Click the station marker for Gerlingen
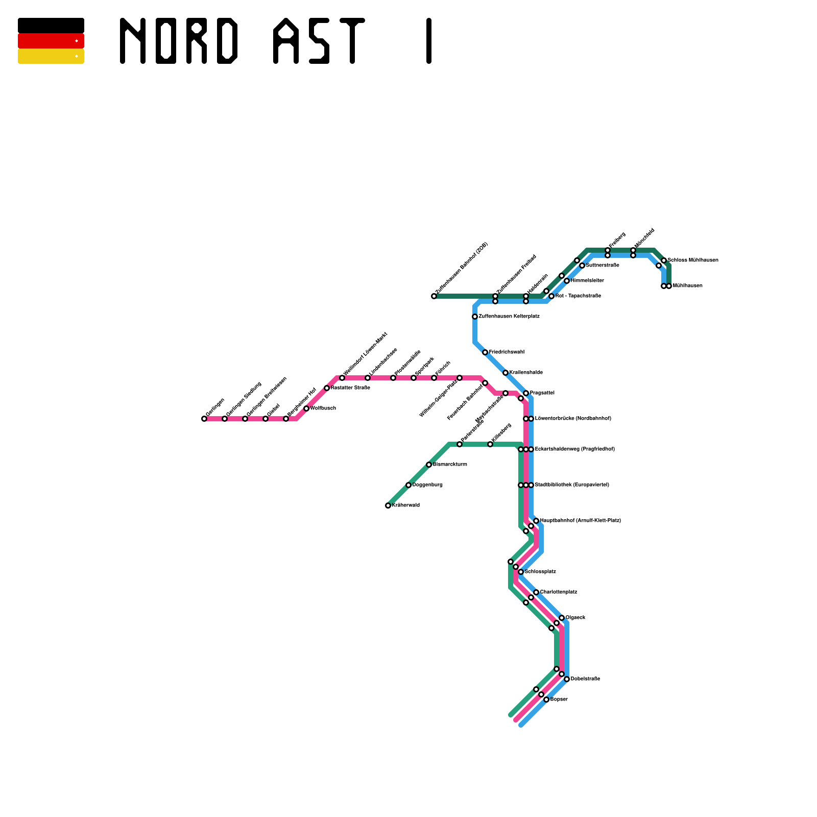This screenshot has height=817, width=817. [x=204, y=419]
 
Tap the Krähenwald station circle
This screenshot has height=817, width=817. [x=388, y=506]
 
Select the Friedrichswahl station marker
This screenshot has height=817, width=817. [x=485, y=352]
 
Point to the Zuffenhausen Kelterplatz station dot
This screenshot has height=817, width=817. [x=475, y=317]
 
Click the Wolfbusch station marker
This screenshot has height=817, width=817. [x=306, y=408]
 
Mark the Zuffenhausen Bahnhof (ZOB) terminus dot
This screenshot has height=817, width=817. [x=434, y=296]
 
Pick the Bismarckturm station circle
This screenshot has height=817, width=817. [x=429, y=465]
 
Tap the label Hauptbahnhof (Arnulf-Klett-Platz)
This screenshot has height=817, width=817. [x=581, y=521]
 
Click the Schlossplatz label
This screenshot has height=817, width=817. [x=540, y=572]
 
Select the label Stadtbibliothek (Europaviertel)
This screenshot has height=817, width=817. [x=572, y=485]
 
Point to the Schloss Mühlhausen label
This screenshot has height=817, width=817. [x=693, y=260]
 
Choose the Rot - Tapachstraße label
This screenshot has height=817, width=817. [x=578, y=296]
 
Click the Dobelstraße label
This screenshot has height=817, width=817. [x=585, y=679]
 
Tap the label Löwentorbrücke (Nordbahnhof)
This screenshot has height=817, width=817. [x=573, y=419]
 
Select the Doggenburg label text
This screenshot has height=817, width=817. [x=427, y=485]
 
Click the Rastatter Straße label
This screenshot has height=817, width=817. [x=350, y=388]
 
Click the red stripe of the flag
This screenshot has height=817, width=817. [x=51, y=41]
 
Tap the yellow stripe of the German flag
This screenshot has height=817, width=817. [x=51, y=56]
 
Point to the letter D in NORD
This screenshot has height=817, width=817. [x=227, y=41]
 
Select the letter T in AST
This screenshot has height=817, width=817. [x=352, y=41]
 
